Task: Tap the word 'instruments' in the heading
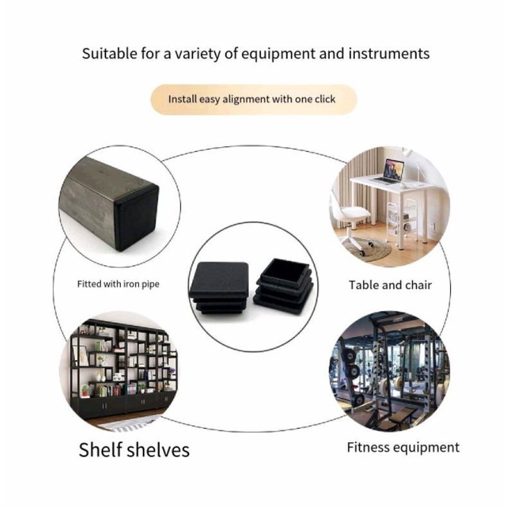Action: coord(388,53)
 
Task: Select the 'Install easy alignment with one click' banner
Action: coord(253,100)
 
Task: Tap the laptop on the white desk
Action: coord(393,171)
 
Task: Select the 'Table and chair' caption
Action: coord(390,285)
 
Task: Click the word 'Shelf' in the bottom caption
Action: coord(101,449)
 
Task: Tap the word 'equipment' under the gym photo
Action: coord(428,448)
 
